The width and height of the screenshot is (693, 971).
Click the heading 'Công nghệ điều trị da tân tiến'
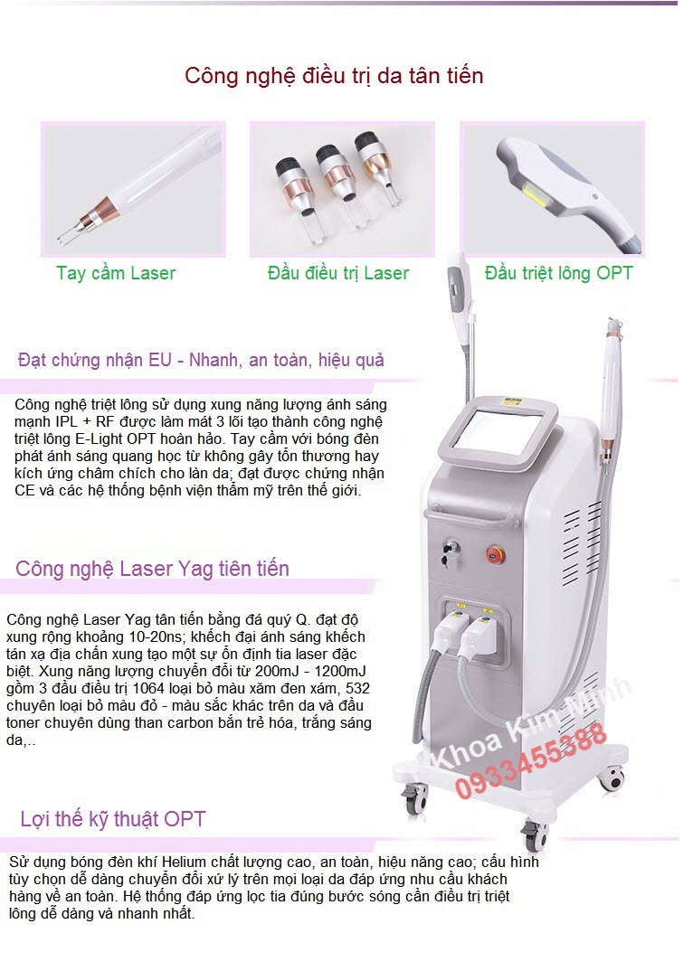pyautogui.click(x=334, y=75)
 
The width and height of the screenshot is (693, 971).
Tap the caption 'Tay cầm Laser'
pyautogui.click(x=116, y=273)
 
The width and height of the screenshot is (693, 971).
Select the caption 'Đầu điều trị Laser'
pyautogui.click(x=338, y=273)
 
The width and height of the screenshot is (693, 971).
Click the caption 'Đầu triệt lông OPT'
pyautogui.click(x=558, y=273)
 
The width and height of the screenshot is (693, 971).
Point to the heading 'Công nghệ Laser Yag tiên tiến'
pyautogui.click(x=152, y=569)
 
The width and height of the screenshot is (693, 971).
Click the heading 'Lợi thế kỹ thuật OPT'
pyautogui.click(x=113, y=819)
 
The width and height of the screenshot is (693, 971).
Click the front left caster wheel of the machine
pyautogui.click(x=415, y=797)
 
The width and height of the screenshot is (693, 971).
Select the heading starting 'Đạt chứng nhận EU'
pyautogui.click(x=201, y=360)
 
